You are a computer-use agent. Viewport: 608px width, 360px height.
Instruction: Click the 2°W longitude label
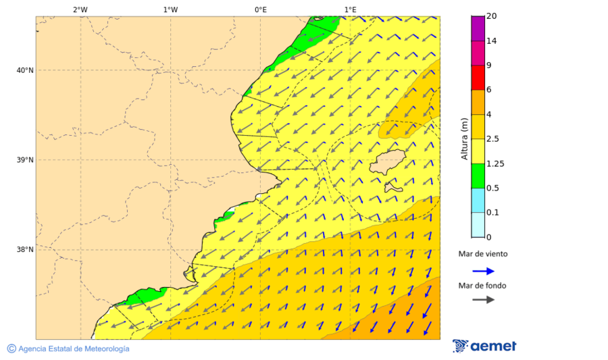click(80, 9)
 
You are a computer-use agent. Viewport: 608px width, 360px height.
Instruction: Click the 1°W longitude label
click(170, 9)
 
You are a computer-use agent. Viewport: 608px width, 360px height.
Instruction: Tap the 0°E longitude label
click(260, 9)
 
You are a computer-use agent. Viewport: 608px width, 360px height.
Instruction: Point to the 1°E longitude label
click(350, 9)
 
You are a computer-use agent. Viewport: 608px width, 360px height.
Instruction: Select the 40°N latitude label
click(25, 70)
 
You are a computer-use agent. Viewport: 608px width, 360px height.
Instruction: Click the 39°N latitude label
click(25, 160)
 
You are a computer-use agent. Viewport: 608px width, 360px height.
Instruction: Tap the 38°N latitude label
click(25, 250)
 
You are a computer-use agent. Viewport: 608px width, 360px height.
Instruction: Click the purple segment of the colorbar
click(478, 28)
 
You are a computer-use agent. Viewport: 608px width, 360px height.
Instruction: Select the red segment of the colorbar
click(478, 77)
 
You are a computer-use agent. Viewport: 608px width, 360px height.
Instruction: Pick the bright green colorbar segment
click(478, 176)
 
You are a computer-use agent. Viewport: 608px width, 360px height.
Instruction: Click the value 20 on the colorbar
click(492, 16)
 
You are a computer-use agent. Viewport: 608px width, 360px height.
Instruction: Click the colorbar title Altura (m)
click(464, 139)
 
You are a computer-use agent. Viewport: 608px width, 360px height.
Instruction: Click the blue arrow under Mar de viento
click(483, 271)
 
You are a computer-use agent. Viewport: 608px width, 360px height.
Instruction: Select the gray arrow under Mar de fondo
click(483, 300)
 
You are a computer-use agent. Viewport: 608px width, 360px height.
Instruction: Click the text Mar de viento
click(482, 255)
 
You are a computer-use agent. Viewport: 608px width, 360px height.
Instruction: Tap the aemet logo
click(484, 346)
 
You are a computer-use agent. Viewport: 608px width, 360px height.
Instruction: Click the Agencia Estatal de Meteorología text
click(73, 349)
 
